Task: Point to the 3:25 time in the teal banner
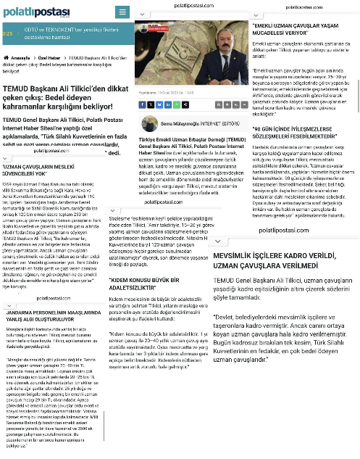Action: tap(7, 33)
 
